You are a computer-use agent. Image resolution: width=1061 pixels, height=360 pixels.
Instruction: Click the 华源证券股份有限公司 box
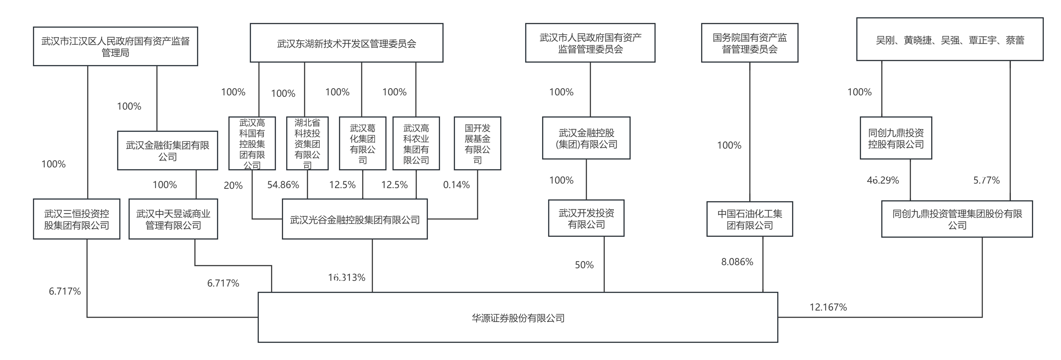pos(518,317)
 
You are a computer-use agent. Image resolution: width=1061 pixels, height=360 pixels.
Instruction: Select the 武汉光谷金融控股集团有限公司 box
pos(355,219)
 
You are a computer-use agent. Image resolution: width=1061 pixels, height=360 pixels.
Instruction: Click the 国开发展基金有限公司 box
pos(477,143)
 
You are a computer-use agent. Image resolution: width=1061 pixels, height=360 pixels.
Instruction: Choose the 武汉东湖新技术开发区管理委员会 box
pos(346,43)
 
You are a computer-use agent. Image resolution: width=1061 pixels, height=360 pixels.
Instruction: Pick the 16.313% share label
pos(347,278)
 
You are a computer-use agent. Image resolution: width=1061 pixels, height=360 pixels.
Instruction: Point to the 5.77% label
pos(986,180)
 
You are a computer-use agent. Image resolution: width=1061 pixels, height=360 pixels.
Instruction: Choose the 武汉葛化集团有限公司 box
pos(362,143)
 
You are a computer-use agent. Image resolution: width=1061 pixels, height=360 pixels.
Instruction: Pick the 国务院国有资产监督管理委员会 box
pos(750,43)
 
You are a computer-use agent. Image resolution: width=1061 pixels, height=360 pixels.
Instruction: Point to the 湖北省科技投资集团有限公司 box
pos(307,143)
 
